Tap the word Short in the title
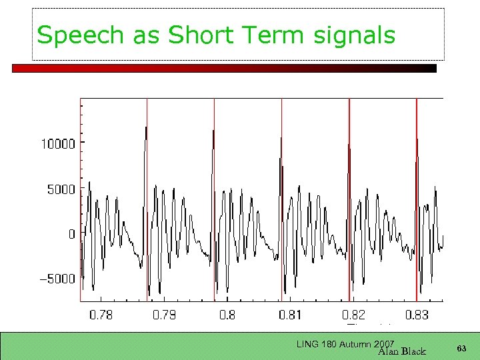[198, 35]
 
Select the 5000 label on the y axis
[61, 189]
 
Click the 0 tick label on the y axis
[72, 234]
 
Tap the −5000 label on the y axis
[58, 279]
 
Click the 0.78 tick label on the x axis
[101, 315]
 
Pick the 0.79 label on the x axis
[164, 315]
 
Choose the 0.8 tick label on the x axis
[227, 315]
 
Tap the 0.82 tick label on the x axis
[354, 315]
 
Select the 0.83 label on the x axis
[417, 315]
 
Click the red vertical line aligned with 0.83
[417, 200]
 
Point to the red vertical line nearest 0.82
[349, 200]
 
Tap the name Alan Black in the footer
[401, 351]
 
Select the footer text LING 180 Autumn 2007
[345, 344]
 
